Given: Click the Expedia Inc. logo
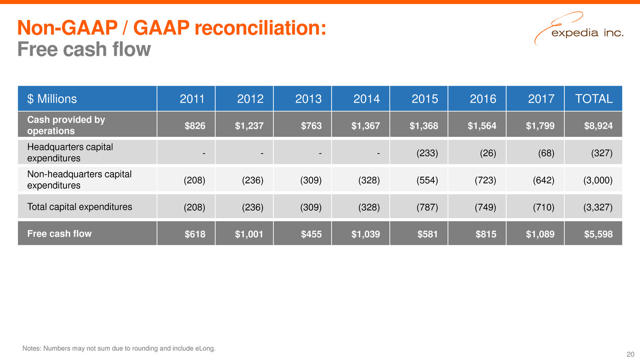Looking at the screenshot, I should pos(578,31).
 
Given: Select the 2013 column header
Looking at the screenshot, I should pos(309,99).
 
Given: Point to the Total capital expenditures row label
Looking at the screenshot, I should pos(76,207).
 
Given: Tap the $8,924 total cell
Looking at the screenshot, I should pos(599,126).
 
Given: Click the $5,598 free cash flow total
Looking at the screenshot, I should pos(599,234).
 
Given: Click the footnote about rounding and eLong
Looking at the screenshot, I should pos(119,349).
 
